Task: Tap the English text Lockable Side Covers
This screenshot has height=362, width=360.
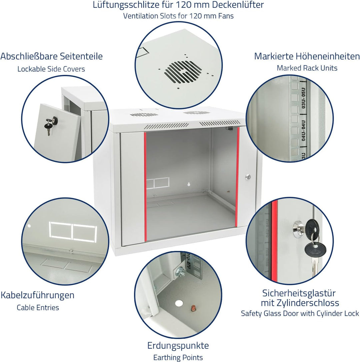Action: pyautogui.click(x=51, y=69)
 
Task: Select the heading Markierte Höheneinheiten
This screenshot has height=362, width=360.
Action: pyautogui.click(x=307, y=56)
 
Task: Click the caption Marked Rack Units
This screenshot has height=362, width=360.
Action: pyautogui.click(x=307, y=68)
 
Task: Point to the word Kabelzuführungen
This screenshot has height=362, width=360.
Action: pyautogui.click(x=37, y=295)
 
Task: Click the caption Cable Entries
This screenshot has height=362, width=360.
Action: pyautogui.click(x=38, y=308)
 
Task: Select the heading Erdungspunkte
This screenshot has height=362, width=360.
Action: pyautogui.click(x=178, y=346)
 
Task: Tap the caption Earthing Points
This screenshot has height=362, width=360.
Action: pyautogui.click(x=178, y=358)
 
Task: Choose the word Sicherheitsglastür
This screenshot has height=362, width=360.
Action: pyautogui.click(x=299, y=293)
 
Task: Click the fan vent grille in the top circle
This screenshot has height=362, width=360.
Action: pyautogui.click(x=183, y=72)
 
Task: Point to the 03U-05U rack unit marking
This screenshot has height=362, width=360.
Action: pyautogui.click(x=303, y=98)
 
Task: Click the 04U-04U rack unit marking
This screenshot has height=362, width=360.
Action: pyautogui.click(x=303, y=130)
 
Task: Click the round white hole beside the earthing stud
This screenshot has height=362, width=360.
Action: pyautogui.click(x=179, y=303)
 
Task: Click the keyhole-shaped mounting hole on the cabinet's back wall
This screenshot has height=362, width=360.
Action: pyautogui.click(x=189, y=184)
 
